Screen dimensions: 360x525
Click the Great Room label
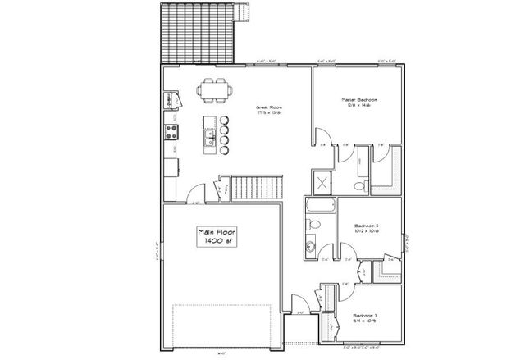[270, 107]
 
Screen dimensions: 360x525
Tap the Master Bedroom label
[358, 99]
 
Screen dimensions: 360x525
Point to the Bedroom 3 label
[365, 315]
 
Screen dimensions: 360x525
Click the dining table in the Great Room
[215, 90]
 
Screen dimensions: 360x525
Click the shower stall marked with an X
[323, 182]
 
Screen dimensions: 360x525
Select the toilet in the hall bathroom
[313, 224]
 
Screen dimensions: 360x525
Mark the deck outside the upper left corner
[198, 33]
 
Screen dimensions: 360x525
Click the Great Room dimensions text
[270, 113]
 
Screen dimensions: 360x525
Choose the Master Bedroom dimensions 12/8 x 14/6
[358, 106]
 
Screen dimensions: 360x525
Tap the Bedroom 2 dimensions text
[366, 230]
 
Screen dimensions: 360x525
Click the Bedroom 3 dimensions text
[365, 321]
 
